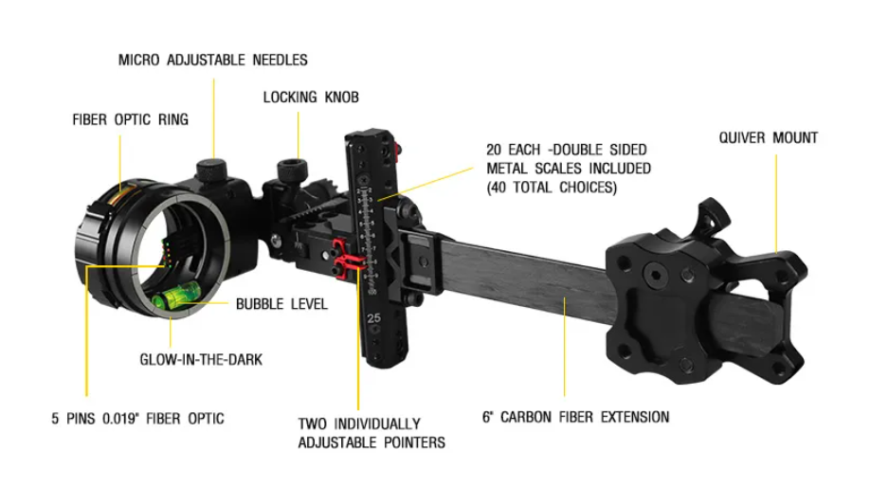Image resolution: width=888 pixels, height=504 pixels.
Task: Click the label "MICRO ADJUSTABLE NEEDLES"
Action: (213, 60)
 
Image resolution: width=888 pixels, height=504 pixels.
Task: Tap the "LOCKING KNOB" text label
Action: (311, 98)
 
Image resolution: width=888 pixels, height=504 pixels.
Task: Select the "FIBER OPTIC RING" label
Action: (130, 119)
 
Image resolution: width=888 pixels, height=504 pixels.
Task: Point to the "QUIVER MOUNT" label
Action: (769, 137)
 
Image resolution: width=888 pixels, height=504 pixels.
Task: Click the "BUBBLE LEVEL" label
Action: (281, 304)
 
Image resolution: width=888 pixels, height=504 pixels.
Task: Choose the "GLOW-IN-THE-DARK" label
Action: (201, 360)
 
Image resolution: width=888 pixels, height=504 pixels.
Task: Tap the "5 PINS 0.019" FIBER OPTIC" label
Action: (137, 419)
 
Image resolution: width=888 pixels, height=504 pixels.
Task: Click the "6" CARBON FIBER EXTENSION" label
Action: (576, 418)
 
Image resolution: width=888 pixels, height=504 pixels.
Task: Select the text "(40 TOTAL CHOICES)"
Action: (553, 188)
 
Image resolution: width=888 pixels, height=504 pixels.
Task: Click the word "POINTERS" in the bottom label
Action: (414, 442)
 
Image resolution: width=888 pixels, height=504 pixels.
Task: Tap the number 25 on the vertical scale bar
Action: (373, 318)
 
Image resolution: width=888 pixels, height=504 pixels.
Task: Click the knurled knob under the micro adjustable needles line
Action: (211, 170)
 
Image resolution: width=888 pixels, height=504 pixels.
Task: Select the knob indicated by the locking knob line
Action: (293, 171)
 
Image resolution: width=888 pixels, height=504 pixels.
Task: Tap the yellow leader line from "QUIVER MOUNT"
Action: (776, 204)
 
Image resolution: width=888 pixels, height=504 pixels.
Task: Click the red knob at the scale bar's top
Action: (398, 150)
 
